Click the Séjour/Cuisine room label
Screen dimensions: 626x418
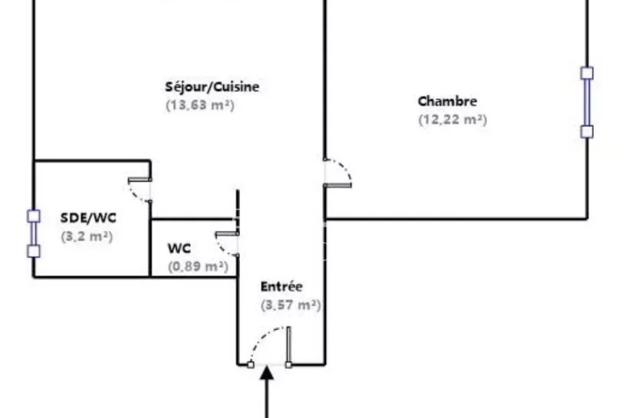(212, 87)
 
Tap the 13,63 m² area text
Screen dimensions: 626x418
(200, 106)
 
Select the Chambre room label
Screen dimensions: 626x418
(447, 101)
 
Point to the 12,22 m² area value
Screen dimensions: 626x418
(453, 120)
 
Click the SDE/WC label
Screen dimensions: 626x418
(88, 218)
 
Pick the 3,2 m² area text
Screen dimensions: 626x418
(87, 237)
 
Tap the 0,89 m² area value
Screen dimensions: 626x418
(198, 266)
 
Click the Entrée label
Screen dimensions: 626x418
(281, 287)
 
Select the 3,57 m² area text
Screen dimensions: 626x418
(291, 305)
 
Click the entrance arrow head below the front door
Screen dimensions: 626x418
(267, 373)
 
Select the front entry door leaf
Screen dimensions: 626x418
(288, 345)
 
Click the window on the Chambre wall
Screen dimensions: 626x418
(587, 102)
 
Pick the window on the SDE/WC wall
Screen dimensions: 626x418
(33, 234)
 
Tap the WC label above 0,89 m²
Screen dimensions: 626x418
(179, 248)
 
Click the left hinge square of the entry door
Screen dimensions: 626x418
(251, 365)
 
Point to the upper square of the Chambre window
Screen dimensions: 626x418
(587, 73)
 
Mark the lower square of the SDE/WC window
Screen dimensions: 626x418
(33, 251)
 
